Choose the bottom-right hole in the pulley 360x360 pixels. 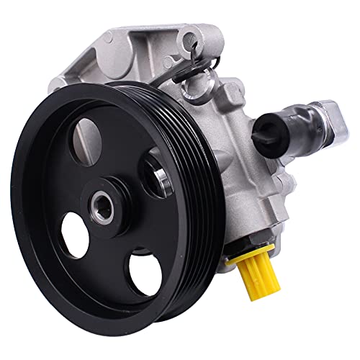pyautogui.click(x=143, y=274)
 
